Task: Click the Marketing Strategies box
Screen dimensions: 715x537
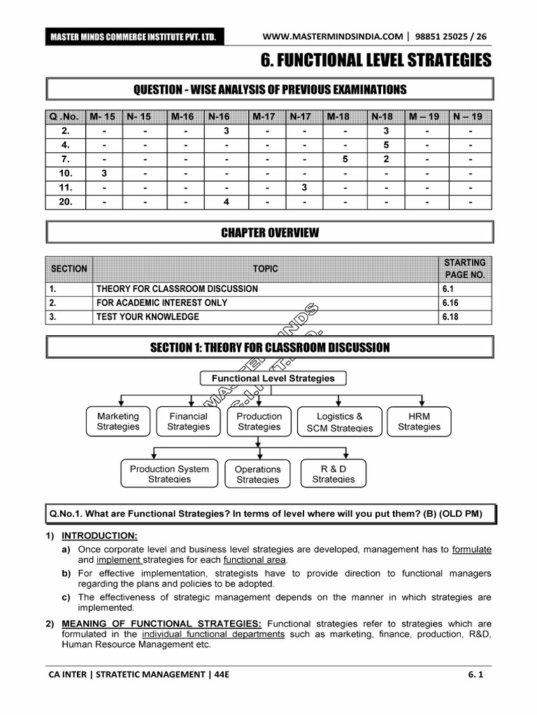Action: (117, 421)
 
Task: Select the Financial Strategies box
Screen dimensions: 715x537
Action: (188, 421)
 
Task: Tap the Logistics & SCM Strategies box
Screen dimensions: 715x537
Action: (340, 422)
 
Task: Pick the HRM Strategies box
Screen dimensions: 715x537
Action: (419, 421)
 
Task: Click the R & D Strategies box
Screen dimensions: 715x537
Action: (333, 473)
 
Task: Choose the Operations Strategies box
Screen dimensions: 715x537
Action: (257, 474)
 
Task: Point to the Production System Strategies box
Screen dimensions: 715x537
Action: (169, 473)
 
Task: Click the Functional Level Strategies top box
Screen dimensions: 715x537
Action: (273, 378)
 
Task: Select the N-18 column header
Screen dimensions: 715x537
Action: (382, 117)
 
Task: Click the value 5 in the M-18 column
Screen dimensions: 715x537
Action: (345, 159)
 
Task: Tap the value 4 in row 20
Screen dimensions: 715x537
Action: (226, 202)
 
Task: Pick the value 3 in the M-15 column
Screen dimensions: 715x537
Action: (103, 174)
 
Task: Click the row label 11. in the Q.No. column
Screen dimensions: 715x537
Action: (66, 188)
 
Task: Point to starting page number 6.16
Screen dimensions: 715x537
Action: (452, 303)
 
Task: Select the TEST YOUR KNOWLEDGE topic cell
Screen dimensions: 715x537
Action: (148, 317)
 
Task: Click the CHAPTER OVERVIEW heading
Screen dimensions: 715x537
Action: (269, 233)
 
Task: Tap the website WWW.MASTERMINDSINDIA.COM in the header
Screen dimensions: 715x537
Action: (333, 36)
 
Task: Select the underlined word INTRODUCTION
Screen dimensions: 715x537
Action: (99, 536)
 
